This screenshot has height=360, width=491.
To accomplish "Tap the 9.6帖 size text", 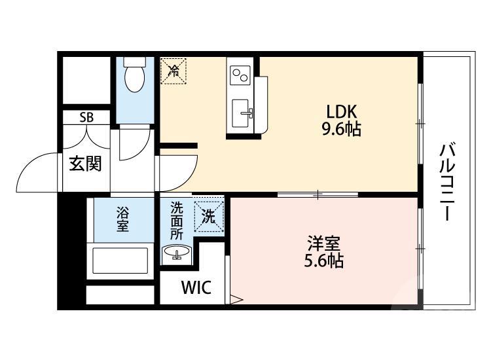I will (341, 129).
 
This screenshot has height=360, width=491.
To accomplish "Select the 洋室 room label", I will (323, 244).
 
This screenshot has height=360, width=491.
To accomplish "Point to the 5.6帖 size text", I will (323, 261).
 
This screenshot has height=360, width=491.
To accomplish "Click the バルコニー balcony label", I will (447, 183).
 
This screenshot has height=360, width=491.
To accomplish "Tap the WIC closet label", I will (196, 288).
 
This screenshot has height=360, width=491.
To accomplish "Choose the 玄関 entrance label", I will (85, 164).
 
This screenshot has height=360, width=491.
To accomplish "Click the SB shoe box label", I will (86, 118).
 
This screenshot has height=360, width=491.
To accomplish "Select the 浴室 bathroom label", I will (122, 219).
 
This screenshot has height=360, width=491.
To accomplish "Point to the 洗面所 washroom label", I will (177, 221).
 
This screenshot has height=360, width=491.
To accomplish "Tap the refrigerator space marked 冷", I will (173, 70).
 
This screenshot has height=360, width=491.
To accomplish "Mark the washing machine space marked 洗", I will (208, 217).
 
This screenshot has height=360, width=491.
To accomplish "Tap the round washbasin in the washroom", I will (176, 253).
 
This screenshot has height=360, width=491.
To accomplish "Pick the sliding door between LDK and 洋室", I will (318, 194).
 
